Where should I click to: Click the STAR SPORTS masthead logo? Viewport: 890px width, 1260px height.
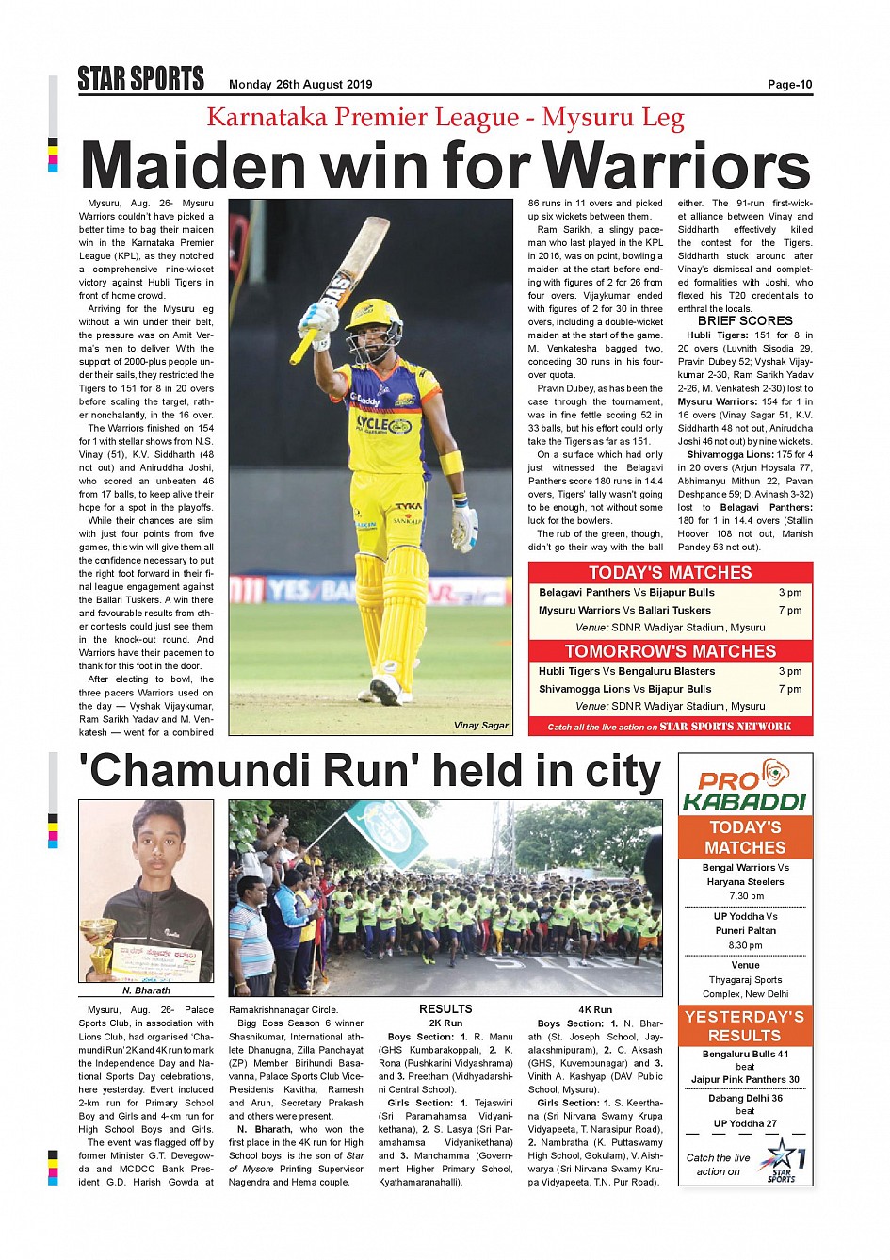click(x=141, y=79)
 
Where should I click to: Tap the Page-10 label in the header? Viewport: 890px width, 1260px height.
click(x=789, y=85)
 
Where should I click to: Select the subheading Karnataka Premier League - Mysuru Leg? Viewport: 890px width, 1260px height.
click(x=445, y=118)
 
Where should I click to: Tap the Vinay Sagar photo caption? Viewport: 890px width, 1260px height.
click(x=480, y=726)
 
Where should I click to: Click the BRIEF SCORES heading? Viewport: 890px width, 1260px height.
click(x=745, y=320)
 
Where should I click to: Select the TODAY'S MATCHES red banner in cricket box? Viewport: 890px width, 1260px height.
click(x=670, y=573)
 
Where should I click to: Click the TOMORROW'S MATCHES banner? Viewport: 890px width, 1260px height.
click(x=670, y=651)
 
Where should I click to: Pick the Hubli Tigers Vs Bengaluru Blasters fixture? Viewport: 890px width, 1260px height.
click(x=626, y=671)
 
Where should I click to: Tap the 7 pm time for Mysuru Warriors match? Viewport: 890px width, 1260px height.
click(x=789, y=611)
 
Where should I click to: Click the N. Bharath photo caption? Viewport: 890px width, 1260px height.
click(x=146, y=990)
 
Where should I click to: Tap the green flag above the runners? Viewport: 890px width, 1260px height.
click(x=386, y=829)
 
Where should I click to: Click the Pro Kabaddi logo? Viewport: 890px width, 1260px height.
click(x=744, y=785)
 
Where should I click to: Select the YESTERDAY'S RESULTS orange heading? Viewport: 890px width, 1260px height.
click(x=744, y=1025)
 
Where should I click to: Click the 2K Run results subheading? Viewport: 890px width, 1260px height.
click(x=445, y=1023)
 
